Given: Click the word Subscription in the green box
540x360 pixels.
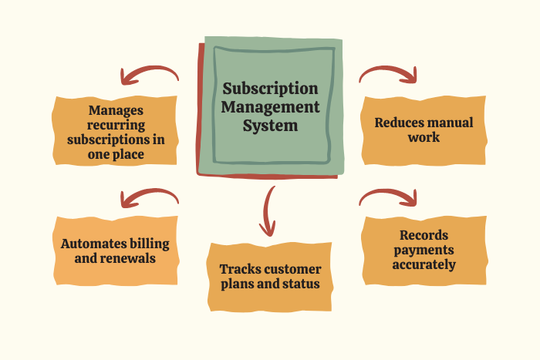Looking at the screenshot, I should [269, 89].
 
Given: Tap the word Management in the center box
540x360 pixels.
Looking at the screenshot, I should [269, 107].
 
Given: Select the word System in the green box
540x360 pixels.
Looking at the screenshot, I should [269, 125].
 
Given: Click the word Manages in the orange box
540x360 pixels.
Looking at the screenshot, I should [116, 110].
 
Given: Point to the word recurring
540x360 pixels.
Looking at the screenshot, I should [116, 125].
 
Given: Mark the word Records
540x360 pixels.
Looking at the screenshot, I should [424, 235].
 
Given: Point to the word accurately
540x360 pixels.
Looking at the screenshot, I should [424, 264].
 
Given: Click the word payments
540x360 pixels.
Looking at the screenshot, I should [424, 250].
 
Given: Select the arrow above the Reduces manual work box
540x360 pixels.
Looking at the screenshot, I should [389, 73].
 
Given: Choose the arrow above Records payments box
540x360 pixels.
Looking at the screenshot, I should [389, 197].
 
